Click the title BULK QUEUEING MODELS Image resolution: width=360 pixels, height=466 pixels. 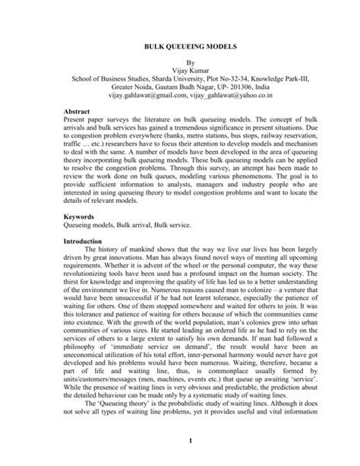[x=180, y=47]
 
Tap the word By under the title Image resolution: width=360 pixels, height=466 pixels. [x=180, y=66]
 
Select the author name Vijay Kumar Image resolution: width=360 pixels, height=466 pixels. [x=180, y=75]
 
